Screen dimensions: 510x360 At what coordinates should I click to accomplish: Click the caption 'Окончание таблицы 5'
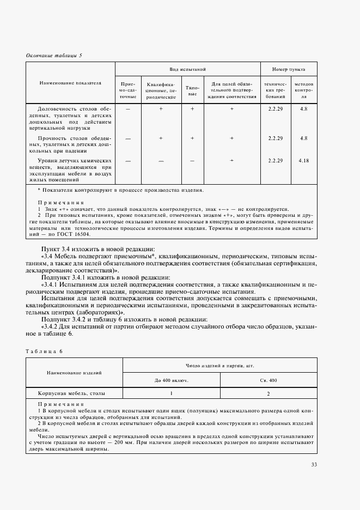pos(54,56)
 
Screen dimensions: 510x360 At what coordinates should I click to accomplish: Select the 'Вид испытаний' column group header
pos(187,70)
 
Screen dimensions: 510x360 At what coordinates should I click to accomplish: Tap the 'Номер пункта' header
pos(288,70)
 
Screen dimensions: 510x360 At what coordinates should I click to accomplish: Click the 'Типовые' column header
pos(192,90)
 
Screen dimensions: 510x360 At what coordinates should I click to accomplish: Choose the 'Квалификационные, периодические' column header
pos(161,90)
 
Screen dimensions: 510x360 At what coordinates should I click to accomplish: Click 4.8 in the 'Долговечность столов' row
pos(303,109)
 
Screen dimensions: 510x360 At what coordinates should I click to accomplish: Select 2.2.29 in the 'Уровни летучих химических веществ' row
pos(275,161)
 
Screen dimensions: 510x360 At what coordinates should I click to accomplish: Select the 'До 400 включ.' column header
pos(172,380)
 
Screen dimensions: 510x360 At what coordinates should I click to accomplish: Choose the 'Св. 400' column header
pos(268,380)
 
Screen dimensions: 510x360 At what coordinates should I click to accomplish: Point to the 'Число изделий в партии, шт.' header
pos(219,366)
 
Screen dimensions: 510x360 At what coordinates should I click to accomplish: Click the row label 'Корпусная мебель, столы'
pos(72,392)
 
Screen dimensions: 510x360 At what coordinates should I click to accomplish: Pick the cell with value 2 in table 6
pos(268,392)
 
